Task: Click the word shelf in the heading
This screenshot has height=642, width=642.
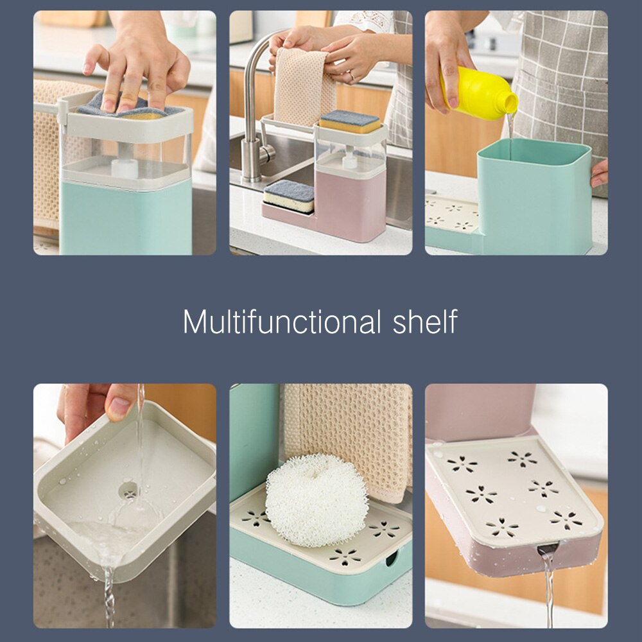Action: tap(425, 322)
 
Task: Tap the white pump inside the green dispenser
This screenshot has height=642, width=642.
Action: tap(125, 168)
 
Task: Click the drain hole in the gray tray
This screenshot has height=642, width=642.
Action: tap(128, 491)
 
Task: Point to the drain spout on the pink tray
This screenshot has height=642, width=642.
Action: tap(547, 550)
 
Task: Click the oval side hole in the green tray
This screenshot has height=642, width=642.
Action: tap(391, 559)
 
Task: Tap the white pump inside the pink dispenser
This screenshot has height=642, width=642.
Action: tap(349, 161)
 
